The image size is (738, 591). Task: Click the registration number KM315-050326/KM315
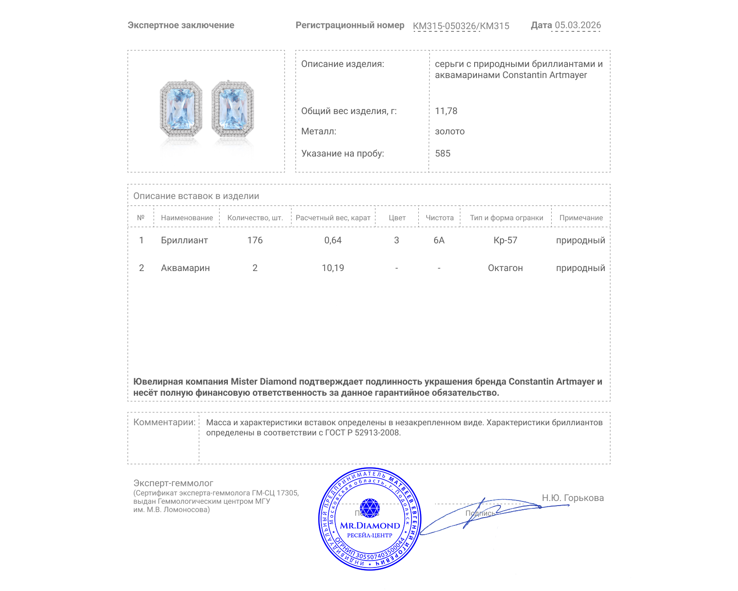coord(461,26)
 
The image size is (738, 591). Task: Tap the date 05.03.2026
coord(577,25)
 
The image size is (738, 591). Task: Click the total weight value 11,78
coord(446,111)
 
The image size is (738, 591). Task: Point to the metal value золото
coord(450,131)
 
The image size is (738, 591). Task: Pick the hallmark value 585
coord(443,153)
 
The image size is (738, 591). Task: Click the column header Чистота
coord(440,218)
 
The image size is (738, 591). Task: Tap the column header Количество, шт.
coord(255,218)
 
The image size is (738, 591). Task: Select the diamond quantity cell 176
coord(255,240)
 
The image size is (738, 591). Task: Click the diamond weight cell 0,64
coord(333,240)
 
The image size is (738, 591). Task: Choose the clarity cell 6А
coord(439,240)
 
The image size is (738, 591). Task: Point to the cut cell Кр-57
coord(506,240)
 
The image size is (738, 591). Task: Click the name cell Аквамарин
coord(185,268)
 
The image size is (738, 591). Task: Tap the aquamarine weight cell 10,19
coord(333,268)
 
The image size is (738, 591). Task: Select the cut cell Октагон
coord(506,268)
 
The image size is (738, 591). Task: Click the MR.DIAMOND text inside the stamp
coord(370,525)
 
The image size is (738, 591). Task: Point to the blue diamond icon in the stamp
coord(369,508)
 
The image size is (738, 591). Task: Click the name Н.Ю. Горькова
coord(572,498)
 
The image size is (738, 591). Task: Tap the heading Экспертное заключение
coord(181,25)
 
